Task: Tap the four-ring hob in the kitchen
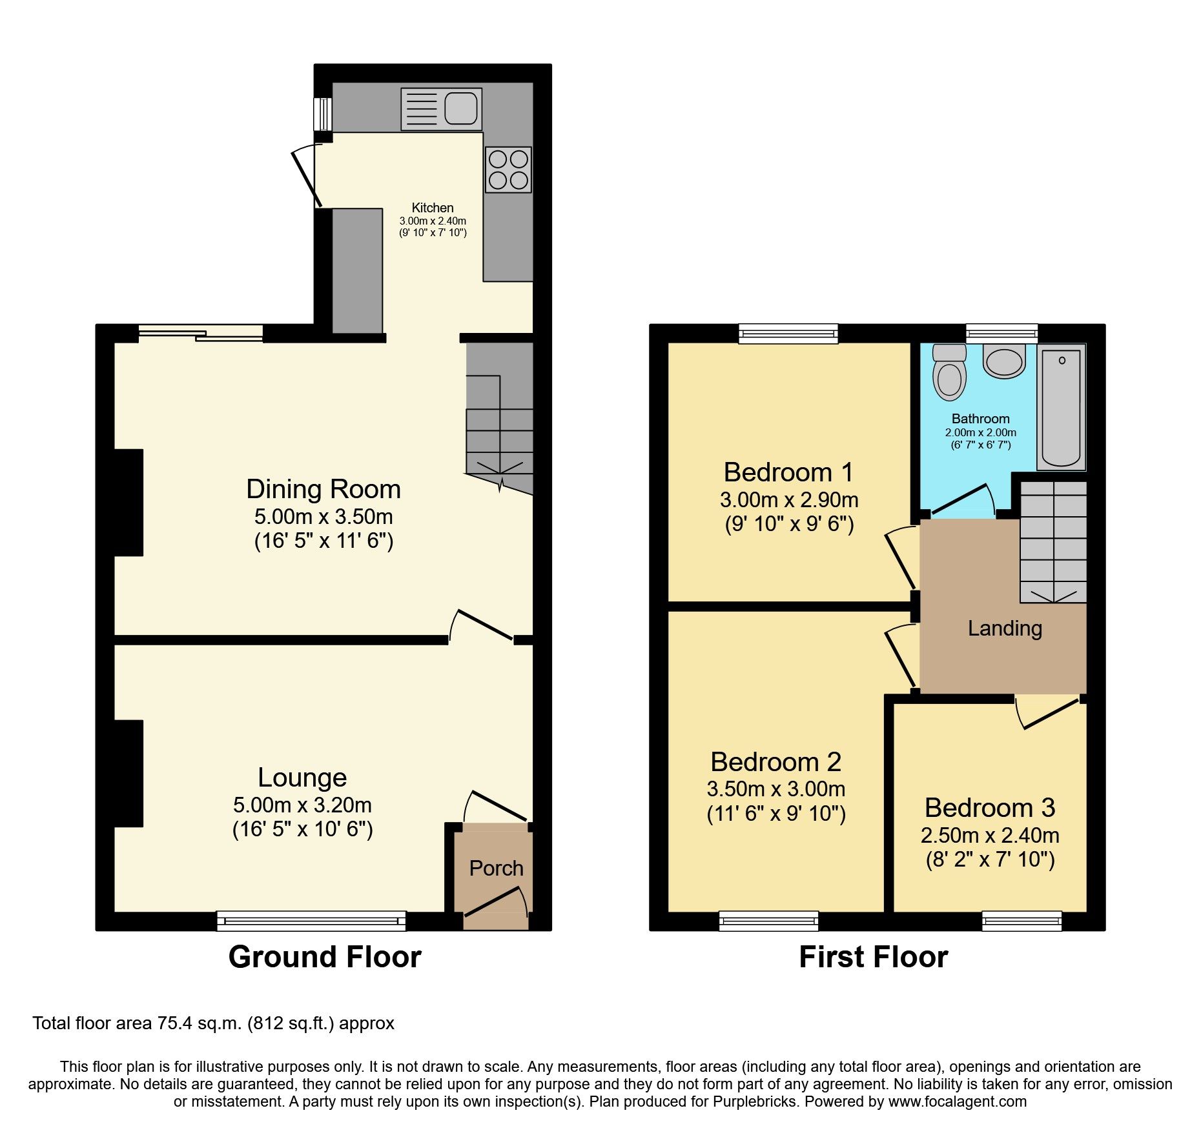pyautogui.click(x=508, y=170)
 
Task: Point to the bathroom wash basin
pyautogui.click(x=1004, y=361)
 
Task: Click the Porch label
pyautogui.click(x=496, y=869)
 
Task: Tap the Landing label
pyautogui.click(x=1005, y=628)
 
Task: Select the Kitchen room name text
pyautogui.click(x=433, y=208)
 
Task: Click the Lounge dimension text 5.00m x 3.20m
pyautogui.click(x=302, y=805)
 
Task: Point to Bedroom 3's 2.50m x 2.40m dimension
pyautogui.click(x=990, y=835)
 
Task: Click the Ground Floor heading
pyautogui.click(x=325, y=957)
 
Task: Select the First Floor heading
pyautogui.click(x=873, y=957)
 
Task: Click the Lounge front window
pyautogui.click(x=311, y=921)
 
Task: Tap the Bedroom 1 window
pyautogui.click(x=788, y=333)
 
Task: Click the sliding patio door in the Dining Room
pyautogui.click(x=201, y=333)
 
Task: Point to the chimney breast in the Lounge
pyautogui.click(x=128, y=773)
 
